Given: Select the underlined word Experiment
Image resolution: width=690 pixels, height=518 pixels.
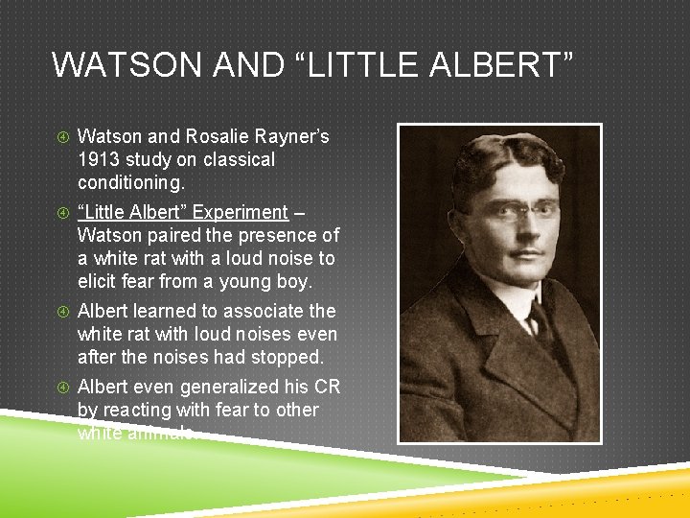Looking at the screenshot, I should (x=240, y=212).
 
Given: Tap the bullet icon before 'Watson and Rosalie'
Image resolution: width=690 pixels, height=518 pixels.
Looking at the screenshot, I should (x=62, y=137).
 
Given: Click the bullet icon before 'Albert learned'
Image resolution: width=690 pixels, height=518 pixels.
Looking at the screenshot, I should (x=62, y=312).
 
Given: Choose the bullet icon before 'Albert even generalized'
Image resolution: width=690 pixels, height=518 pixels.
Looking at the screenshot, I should (x=62, y=388).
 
